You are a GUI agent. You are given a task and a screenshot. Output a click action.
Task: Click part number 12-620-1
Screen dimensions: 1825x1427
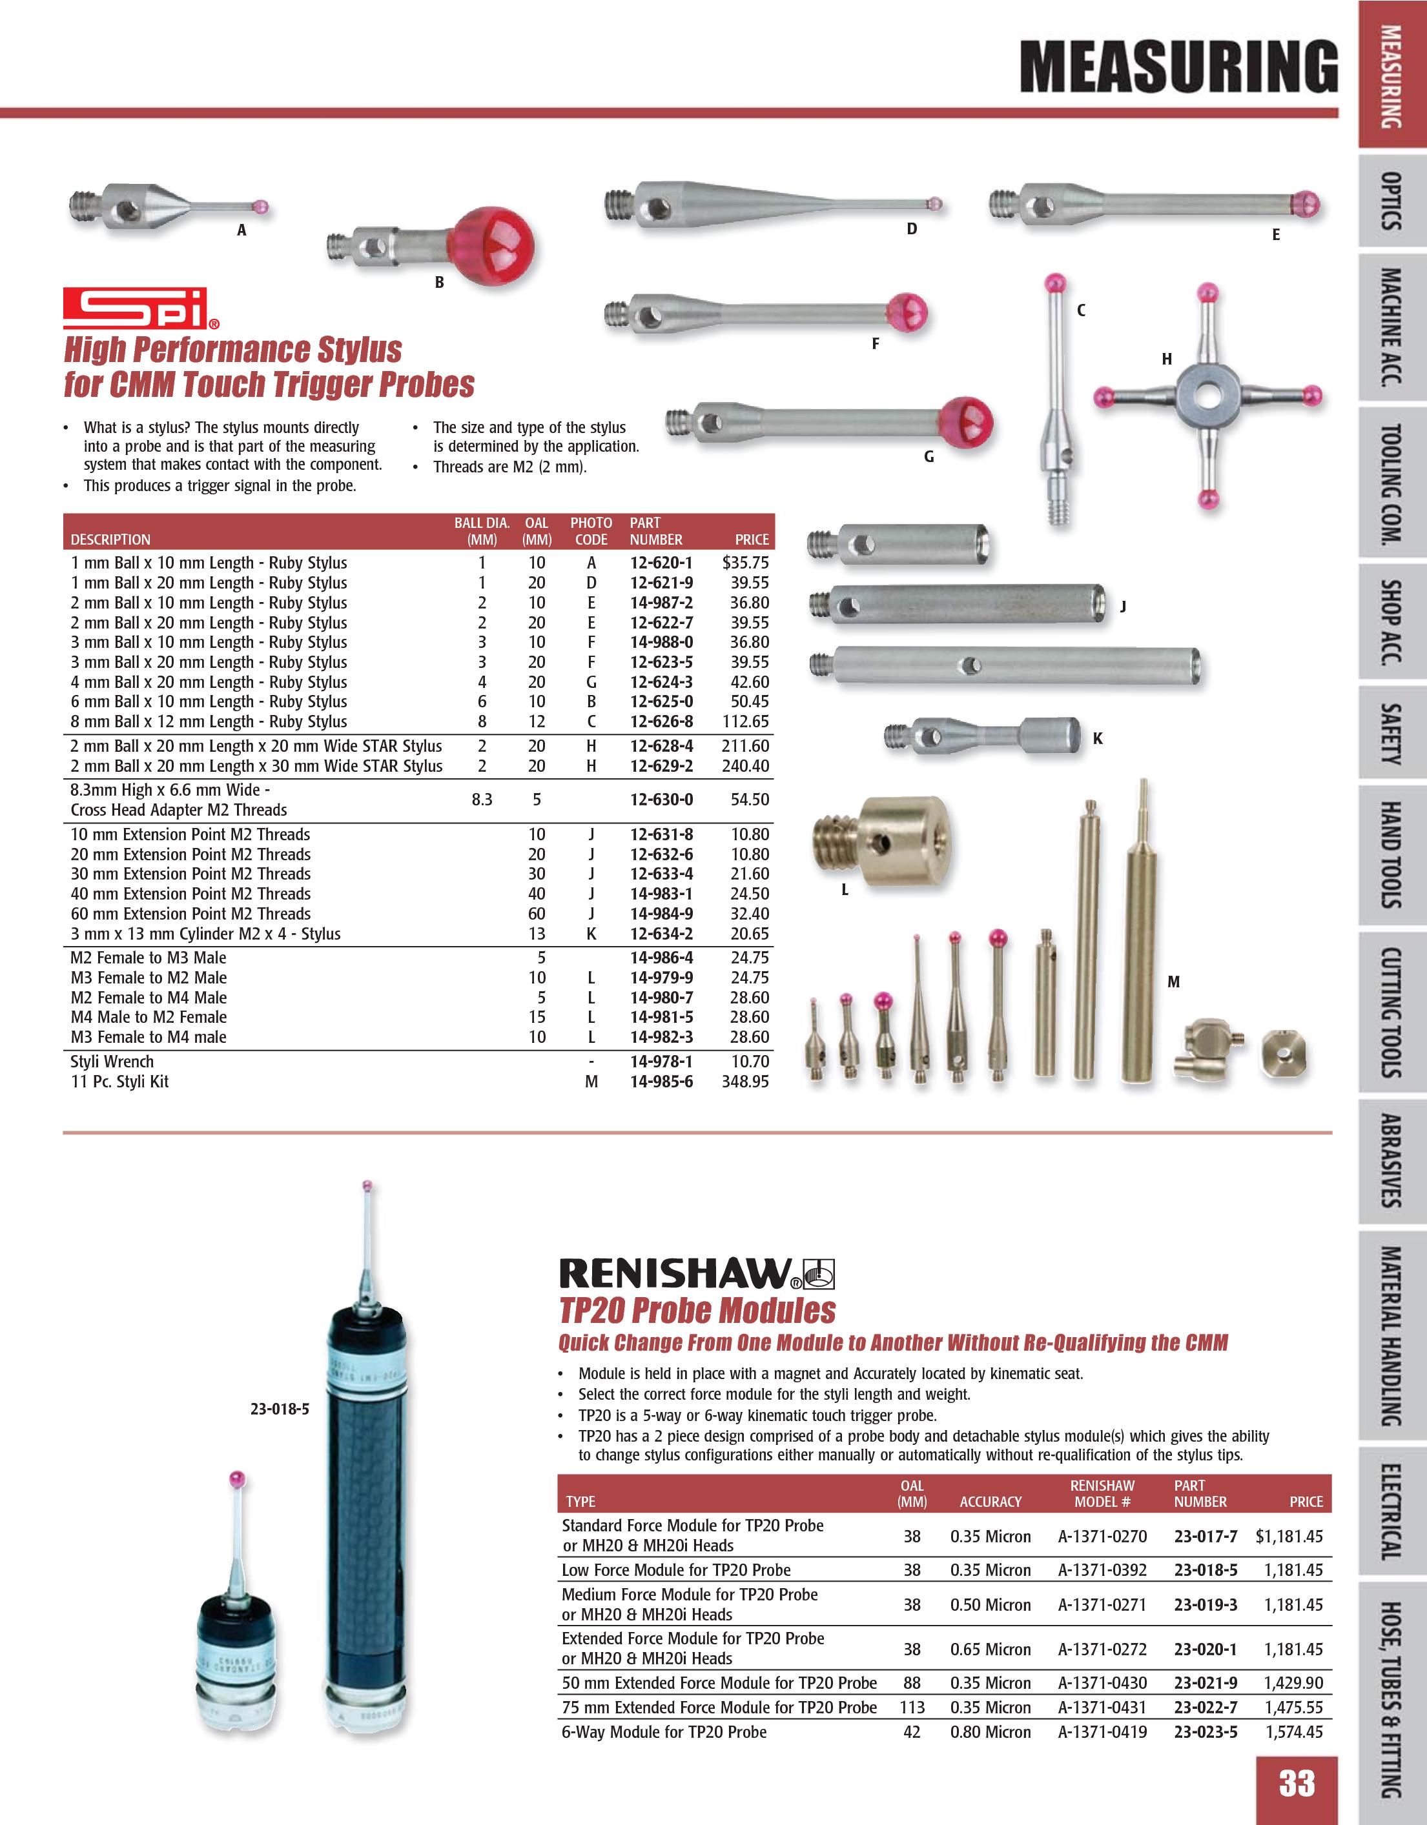(x=661, y=563)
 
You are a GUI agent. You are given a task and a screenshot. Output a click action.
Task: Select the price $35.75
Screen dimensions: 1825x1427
(x=745, y=563)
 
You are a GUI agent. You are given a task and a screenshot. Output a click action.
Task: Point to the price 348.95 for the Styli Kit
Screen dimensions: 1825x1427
(x=745, y=1082)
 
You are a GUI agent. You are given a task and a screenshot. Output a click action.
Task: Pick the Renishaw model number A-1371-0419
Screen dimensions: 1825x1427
(x=1102, y=1732)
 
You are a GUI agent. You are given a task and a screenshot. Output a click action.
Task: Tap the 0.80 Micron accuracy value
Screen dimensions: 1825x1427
(x=991, y=1732)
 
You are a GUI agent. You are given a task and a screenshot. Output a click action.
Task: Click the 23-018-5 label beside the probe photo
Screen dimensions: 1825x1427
(x=279, y=1408)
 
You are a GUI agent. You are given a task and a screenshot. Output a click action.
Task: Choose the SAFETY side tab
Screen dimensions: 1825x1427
(x=1390, y=734)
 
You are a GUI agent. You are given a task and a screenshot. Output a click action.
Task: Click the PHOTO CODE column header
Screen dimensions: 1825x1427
(x=591, y=530)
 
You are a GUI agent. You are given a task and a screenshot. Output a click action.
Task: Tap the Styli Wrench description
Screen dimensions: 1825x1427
(x=112, y=1061)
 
